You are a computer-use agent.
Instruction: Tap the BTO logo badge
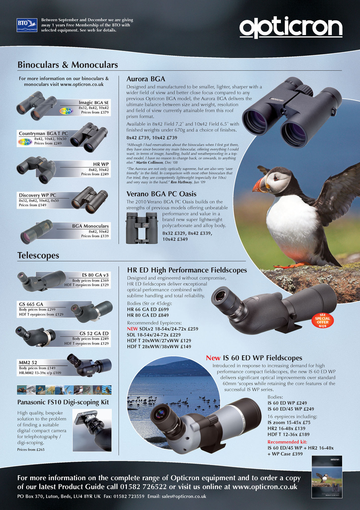pos(27,25)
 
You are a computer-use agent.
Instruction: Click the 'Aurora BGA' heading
pos(146,78)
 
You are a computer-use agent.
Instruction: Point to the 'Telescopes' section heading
pos(38,255)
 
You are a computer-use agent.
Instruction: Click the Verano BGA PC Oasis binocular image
pos(141,228)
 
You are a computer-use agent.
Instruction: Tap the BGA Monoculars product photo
pos(36,231)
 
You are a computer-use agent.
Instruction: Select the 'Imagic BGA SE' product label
pos(94,102)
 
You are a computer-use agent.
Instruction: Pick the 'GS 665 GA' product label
pos(31,304)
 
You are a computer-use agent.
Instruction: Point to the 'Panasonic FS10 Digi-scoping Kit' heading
pos(63,402)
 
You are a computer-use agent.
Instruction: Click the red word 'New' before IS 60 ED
pos(213,358)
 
